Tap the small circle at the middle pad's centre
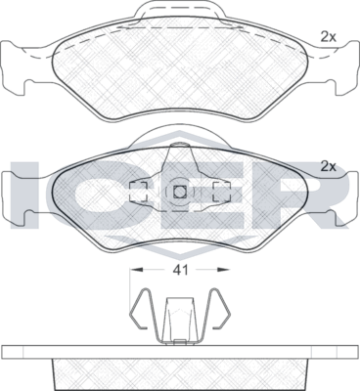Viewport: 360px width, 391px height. [x=179, y=192]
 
